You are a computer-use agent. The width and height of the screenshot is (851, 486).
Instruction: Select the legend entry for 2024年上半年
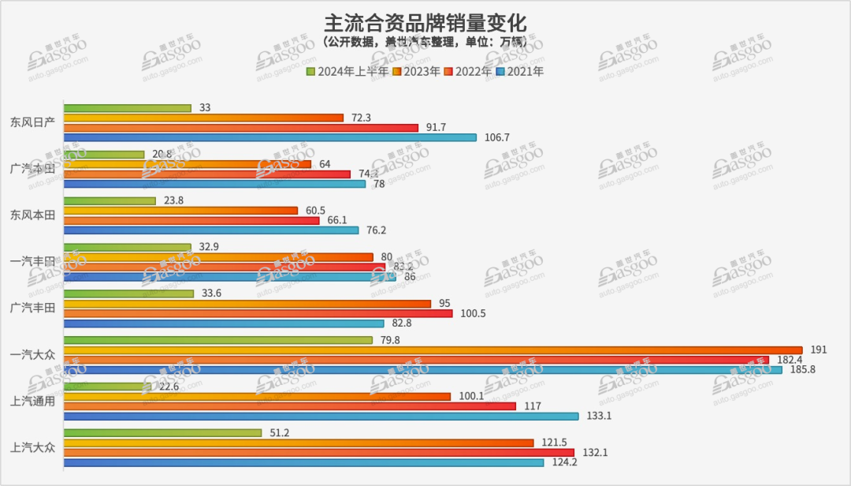pos(347,72)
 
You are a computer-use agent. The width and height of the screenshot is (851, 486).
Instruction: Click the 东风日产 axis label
pos(33,122)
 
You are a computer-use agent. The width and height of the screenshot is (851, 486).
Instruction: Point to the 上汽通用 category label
pos(33,401)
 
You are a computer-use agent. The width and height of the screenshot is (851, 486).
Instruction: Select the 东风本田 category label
pos(33,215)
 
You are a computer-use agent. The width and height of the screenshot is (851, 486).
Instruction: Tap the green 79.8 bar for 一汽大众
pos(217,340)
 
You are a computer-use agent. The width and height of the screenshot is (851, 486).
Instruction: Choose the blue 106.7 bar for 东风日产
pos(269,137)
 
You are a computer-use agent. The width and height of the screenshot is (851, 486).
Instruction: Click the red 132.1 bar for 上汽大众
pos(318,452)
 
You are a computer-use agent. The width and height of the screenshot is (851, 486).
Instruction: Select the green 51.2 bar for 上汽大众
pos(162,433)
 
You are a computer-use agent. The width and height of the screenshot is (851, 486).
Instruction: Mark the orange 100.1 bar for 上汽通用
pos(257,396)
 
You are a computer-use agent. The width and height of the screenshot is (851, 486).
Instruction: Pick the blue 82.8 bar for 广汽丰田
pos(224,323)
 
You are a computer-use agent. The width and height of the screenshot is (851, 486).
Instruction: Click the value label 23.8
pos(175,200)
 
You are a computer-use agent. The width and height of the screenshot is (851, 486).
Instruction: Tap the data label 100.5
pos(474,313)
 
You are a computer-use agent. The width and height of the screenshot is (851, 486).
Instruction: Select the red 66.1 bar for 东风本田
pos(191,220)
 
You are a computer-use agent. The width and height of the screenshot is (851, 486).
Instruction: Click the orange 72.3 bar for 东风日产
pos(203,118)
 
